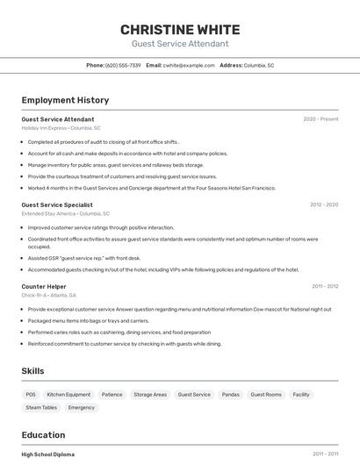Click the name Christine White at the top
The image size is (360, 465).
(x=180, y=29)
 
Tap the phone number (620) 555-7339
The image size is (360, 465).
(x=123, y=65)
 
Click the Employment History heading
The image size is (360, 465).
(x=65, y=100)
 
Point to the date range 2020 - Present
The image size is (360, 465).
(x=320, y=118)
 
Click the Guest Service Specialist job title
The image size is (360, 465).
(x=57, y=204)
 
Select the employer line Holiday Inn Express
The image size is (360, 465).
(x=61, y=127)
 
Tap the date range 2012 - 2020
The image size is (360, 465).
(x=323, y=204)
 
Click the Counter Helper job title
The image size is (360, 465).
(x=44, y=286)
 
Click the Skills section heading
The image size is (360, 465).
(x=33, y=371)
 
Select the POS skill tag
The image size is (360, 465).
(x=31, y=395)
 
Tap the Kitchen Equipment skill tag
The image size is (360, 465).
(x=68, y=395)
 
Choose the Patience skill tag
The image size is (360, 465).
(x=112, y=395)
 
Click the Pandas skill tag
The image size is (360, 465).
(x=230, y=395)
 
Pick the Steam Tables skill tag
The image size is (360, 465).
(x=41, y=407)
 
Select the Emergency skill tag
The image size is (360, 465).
(x=82, y=407)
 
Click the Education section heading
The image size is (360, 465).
(x=43, y=434)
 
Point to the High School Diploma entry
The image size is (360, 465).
(x=47, y=454)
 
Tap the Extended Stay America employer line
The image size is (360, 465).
(x=65, y=213)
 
